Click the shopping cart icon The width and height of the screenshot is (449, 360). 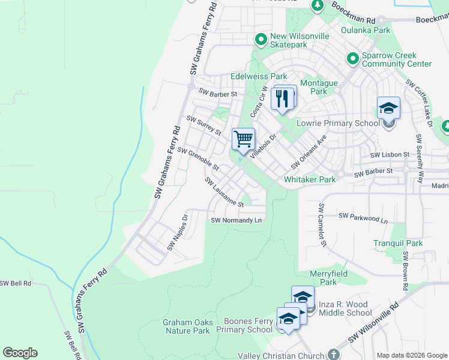(x=244, y=139)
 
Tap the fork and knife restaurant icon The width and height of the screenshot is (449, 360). (x=283, y=98)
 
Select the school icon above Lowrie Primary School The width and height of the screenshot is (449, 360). (x=388, y=109)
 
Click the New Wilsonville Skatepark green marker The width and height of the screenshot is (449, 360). (x=261, y=40)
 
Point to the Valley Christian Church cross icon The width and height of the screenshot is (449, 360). (x=334, y=355)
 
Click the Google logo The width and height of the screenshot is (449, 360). (x=20, y=353)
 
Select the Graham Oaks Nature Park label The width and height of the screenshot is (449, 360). (x=187, y=326)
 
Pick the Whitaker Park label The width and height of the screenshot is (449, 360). (x=310, y=179)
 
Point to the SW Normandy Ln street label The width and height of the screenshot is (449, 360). (x=237, y=220)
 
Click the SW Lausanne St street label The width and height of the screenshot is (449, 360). (x=224, y=192)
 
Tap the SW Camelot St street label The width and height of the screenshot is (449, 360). (x=322, y=225)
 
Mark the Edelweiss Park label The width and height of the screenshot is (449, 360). (x=259, y=77)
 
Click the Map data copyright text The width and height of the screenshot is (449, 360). (x=411, y=355)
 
